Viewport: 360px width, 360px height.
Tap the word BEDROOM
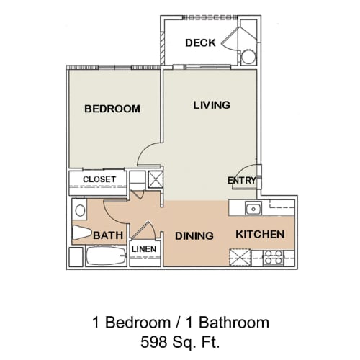112,109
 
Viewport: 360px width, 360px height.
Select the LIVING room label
211,105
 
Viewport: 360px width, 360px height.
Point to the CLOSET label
99,179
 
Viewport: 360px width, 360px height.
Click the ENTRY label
240,180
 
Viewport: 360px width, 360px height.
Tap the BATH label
107,235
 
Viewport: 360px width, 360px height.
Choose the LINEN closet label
144,249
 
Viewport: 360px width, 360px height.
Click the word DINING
194,235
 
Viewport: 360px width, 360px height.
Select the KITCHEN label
260,235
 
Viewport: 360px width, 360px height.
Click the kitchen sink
252,210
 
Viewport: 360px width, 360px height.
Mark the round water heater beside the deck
248,58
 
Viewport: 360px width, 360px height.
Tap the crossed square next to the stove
240,257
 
